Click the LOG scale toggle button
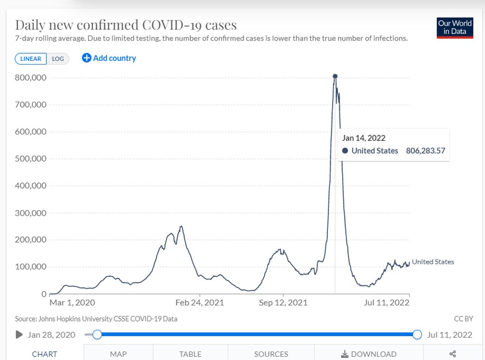(x=58, y=59)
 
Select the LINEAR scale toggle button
(x=31, y=59)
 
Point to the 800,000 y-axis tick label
(x=30, y=77)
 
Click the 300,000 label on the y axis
(x=30, y=213)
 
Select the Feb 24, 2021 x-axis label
(x=199, y=303)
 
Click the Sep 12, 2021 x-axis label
(x=283, y=303)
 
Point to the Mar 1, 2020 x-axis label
(x=72, y=303)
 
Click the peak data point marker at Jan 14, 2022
(x=335, y=76)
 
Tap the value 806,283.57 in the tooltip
(x=425, y=151)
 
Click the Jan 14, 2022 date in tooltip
(x=364, y=138)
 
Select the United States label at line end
(x=433, y=262)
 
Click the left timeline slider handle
(x=97, y=335)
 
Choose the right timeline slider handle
(x=417, y=335)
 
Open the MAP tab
(x=118, y=354)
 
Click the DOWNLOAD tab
(x=368, y=354)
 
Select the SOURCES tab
(x=271, y=354)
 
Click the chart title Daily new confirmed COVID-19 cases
(x=126, y=25)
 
